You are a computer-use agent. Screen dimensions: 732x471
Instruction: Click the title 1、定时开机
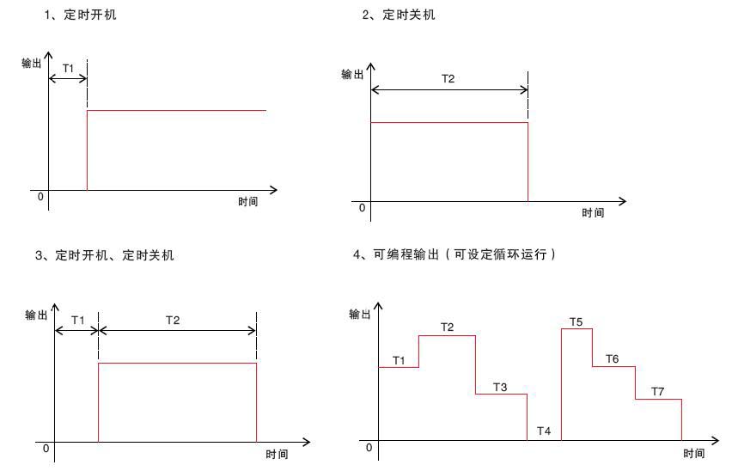click(80, 15)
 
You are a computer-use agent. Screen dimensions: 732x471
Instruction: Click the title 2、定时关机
click(399, 15)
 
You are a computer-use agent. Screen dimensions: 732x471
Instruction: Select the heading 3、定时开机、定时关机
click(105, 255)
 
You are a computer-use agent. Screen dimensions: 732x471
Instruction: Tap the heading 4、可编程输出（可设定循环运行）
click(454, 254)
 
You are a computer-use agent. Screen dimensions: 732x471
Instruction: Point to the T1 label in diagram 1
click(68, 69)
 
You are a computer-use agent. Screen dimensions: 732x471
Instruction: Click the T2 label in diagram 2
click(448, 79)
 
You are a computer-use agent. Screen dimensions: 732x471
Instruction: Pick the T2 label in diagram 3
click(173, 321)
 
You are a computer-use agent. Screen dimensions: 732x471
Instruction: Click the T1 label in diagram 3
click(78, 321)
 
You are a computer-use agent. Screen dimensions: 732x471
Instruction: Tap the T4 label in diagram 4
click(544, 431)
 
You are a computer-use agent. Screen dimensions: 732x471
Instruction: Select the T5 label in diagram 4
click(576, 322)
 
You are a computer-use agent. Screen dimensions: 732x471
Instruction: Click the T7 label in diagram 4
click(658, 392)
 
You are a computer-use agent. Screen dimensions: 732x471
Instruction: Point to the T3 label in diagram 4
click(500, 387)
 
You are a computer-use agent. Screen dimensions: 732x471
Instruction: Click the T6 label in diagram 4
click(612, 359)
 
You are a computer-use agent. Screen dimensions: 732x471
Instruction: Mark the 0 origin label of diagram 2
click(362, 208)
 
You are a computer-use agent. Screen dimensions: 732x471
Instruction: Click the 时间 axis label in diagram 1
click(248, 202)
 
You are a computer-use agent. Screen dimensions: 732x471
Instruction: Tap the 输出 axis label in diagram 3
click(36, 315)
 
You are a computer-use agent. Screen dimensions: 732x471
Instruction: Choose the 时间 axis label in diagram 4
click(693, 453)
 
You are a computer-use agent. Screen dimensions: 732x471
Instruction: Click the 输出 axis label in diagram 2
click(352, 74)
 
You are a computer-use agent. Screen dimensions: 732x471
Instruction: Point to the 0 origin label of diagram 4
click(369, 448)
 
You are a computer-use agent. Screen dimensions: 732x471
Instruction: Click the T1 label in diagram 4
click(399, 360)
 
